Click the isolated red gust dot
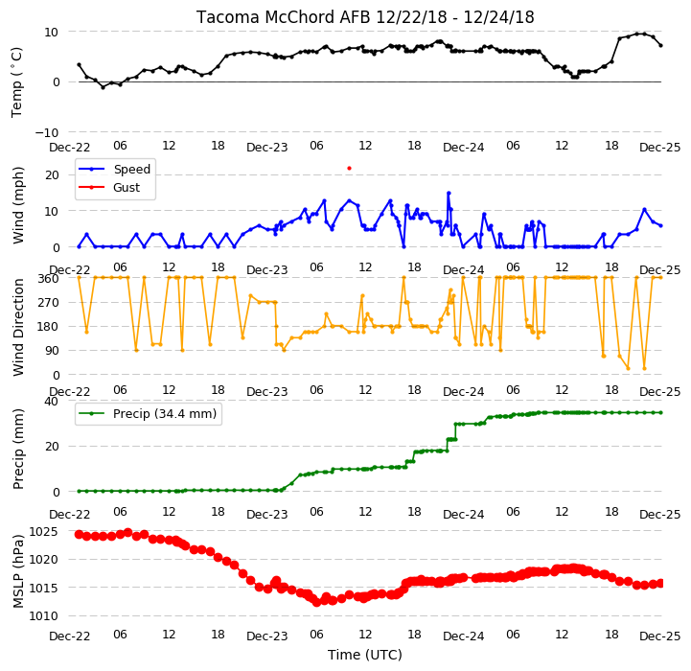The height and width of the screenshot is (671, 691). pyautogui.click(x=350, y=168)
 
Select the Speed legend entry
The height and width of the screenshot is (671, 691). pyautogui.click(x=115, y=169)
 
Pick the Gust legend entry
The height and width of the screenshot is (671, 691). pyautogui.click(x=109, y=187)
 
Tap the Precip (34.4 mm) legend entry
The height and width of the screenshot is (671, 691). pyautogui.click(x=148, y=413)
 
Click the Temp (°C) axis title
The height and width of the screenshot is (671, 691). pyautogui.click(x=16, y=82)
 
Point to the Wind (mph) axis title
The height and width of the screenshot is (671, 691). pyautogui.click(x=18, y=205)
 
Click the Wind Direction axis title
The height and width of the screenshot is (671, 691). pyautogui.click(x=18, y=327)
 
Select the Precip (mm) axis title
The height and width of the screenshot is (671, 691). pyautogui.click(x=18, y=449)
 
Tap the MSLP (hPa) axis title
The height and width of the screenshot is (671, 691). pyautogui.click(x=18, y=571)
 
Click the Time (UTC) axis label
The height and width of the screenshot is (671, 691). pyautogui.click(x=365, y=655)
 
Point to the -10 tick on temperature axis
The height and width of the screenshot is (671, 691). pyautogui.click(x=46, y=132)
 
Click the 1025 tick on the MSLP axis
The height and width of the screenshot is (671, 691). pyautogui.click(x=43, y=532)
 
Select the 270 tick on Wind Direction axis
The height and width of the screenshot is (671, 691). pyautogui.click(x=48, y=303)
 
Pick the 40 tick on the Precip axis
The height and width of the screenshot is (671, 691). pyautogui.click(x=51, y=402)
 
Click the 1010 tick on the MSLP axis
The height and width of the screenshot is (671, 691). pyautogui.click(x=43, y=616)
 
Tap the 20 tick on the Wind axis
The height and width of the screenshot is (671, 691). pyautogui.click(x=52, y=175)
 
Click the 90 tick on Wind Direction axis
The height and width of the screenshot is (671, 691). pyautogui.click(x=52, y=351)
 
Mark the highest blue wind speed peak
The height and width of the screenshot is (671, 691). pyautogui.click(x=449, y=193)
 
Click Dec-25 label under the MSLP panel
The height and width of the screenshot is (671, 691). pyautogui.click(x=659, y=636)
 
